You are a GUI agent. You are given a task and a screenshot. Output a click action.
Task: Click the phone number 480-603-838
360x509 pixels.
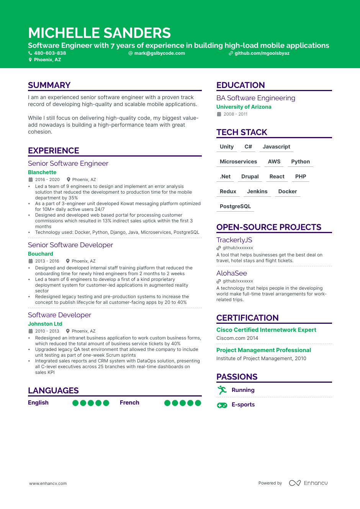[x=50, y=53]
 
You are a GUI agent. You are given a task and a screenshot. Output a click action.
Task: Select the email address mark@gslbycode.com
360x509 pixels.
[x=159, y=53]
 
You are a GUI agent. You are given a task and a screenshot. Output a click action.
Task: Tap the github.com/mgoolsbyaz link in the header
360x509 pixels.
[x=262, y=53]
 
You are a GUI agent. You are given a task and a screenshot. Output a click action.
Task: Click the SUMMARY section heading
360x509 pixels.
[x=49, y=85]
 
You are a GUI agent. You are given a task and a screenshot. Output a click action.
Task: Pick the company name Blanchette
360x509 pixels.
[x=42, y=172]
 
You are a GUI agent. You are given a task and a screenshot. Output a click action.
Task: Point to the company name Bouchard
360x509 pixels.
[x=41, y=254]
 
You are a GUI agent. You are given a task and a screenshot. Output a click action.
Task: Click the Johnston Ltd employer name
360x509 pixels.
[x=45, y=324]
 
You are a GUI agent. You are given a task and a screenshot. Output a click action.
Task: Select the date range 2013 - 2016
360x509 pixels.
[x=47, y=261]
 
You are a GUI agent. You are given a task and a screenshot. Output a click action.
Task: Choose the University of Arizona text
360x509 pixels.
[x=244, y=107]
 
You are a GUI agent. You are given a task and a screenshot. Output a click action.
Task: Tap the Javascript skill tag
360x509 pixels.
[x=276, y=147]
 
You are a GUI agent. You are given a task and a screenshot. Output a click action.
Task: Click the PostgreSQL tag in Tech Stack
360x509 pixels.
[x=235, y=206]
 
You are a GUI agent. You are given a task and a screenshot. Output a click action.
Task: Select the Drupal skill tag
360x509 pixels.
[x=250, y=176]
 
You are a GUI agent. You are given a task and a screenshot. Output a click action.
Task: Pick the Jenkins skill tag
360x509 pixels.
[x=257, y=191]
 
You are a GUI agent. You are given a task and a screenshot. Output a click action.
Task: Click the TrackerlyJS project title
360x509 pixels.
[x=234, y=240]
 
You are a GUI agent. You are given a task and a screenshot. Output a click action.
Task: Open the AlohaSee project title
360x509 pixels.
[x=231, y=273]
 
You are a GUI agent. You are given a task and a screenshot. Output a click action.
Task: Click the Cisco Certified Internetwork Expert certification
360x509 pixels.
[x=266, y=330]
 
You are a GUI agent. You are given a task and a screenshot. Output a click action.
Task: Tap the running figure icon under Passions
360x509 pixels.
[x=222, y=390]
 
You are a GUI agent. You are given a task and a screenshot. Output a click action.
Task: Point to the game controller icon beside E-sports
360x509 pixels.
[x=222, y=405]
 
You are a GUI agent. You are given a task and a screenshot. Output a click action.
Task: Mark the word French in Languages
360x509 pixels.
[x=129, y=403]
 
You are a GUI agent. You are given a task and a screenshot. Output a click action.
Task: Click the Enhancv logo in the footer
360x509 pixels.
[x=308, y=483]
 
